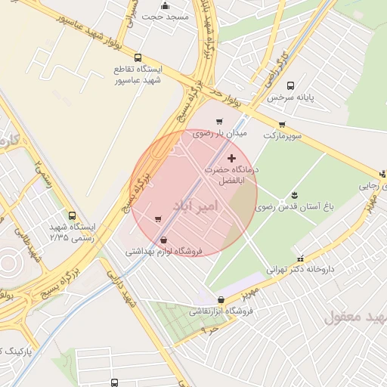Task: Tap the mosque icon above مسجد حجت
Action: click(x=165, y=6)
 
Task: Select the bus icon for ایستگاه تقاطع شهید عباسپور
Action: click(x=137, y=57)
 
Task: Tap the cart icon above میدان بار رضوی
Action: click(x=219, y=121)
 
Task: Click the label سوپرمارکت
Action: click(x=282, y=135)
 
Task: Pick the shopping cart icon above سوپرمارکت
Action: click(x=282, y=125)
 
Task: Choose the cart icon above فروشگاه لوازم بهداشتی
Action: click(x=158, y=220)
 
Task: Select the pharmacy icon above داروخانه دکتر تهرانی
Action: click(x=302, y=257)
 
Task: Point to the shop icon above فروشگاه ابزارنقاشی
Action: click(x=220, y=300)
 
